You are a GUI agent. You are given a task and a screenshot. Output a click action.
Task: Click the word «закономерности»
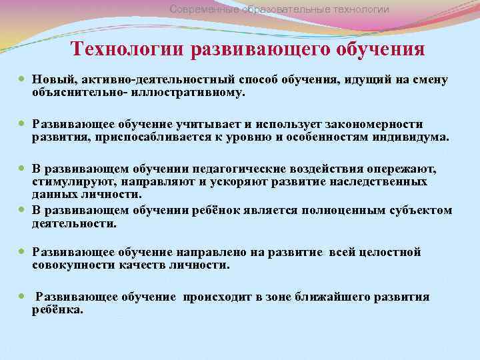point(374,125)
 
